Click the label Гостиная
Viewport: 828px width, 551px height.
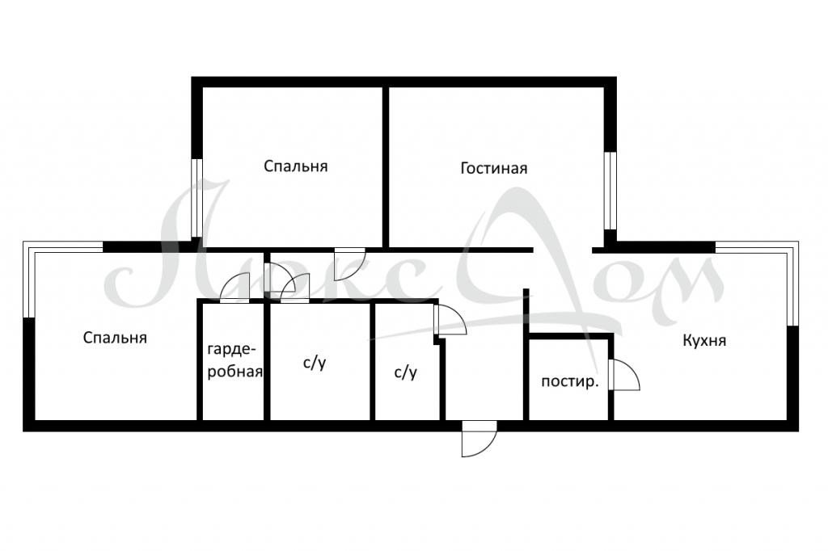point(494,168)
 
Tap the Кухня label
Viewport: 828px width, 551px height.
point(704,340)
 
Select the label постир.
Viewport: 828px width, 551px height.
point(570,381)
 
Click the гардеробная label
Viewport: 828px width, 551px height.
point(235,360)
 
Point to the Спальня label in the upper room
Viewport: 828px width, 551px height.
point(296,166)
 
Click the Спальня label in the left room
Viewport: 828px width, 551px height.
point(115,338)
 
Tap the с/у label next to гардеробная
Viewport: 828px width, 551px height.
point(315,363)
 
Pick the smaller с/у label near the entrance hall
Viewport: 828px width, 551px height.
point(406,372)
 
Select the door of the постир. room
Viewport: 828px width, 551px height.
point(623,375)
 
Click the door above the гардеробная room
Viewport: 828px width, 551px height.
point(235,289)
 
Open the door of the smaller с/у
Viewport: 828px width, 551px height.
point(450,321)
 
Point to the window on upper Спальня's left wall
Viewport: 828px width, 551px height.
point(196,198)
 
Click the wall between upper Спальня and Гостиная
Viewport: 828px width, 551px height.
point(386,166)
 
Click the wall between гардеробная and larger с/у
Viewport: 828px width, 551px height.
point(267,361)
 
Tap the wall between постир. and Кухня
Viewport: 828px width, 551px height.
point(611,377)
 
